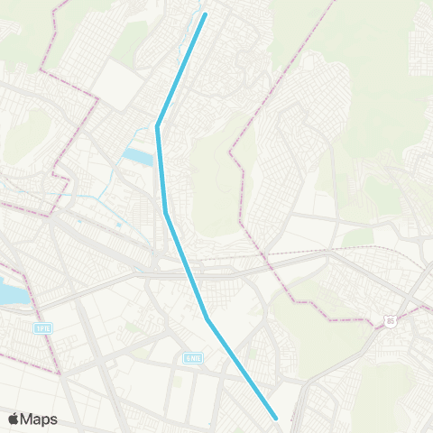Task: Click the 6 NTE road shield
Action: pos(191,358)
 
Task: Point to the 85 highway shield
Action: pos(389,320)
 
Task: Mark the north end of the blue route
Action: pos(206,14)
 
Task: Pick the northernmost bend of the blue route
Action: pos(158,126)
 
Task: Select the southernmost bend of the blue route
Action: pos(207,318)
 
